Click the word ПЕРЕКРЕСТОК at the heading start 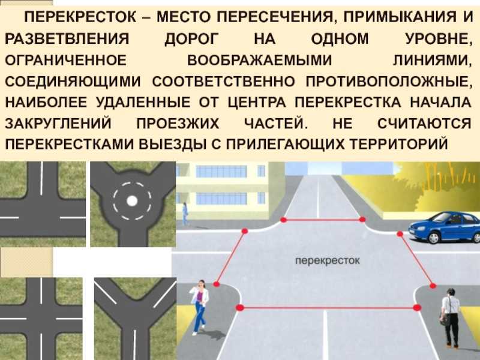coord(80,17)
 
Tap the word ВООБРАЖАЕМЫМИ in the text coord(260,61)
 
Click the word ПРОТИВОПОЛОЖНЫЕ coord(388,82)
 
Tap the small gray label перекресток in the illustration coord(327,261)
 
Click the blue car coord(445,227)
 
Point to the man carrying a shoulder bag coord(449,317)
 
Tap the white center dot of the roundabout coord(132,201)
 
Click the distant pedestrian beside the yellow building coord(185,214)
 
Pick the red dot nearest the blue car coord(400,234)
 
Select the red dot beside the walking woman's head coord(217,284)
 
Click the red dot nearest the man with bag coord(433,286)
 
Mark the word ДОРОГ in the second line coord(191,40)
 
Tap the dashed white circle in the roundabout coord(132,201)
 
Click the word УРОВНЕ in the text coord(439,40)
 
